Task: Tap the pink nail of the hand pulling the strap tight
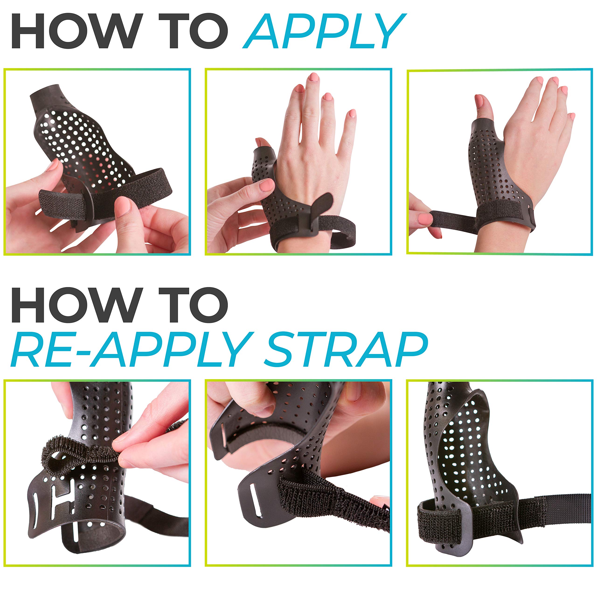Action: click(x=425, y=219)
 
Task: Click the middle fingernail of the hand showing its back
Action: click(x=313, y=77)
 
